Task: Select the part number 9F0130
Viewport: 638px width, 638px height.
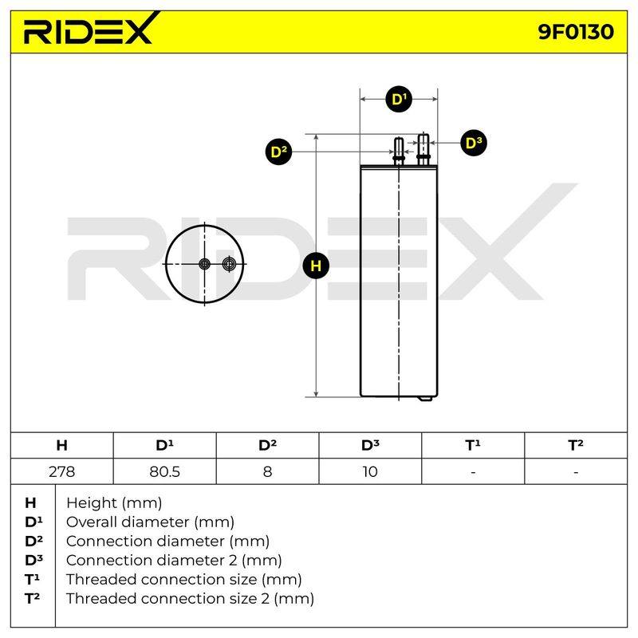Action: click(575, 32)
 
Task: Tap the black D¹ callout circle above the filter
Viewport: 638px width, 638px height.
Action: click(399, 99)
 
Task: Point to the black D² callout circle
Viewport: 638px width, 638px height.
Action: click(278, 152)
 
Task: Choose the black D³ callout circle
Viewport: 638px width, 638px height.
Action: click(473, 143)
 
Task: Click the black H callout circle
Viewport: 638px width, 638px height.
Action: click(316, 266)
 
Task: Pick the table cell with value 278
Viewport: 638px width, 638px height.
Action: click(62, 471)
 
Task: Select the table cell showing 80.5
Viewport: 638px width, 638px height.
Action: click(165, 471)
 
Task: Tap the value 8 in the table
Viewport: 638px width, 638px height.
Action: click(267, 471)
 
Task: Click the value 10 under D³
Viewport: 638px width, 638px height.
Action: click(370, 471)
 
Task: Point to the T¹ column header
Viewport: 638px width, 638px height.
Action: click(473, 445)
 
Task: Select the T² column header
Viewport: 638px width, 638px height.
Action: click(576, 445)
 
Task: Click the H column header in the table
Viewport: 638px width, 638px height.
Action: click(62, 445)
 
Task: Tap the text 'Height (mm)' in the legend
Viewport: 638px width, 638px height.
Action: click(114, 503)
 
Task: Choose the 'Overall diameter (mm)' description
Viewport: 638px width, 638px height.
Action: click(150, 522)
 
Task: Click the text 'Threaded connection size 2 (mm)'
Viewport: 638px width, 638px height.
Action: click(190, 599)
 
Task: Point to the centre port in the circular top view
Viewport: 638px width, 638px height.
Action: click(204, 264)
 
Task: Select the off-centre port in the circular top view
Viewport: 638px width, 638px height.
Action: click(229, 264)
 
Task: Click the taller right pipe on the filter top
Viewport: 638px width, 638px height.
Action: click(423, 149)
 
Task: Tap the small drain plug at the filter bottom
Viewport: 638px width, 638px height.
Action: click(426, 399)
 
